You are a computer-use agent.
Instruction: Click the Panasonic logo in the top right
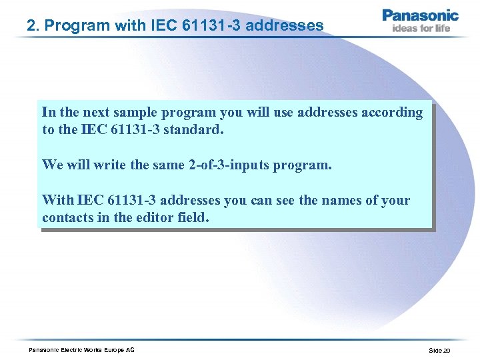coord(420,15)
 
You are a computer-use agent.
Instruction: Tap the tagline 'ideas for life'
coord(421,29)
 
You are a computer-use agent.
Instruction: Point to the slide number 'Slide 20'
coord(439,351)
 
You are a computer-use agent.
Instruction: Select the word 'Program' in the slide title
coord(69,26)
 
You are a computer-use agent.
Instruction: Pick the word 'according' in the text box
coord(392,112)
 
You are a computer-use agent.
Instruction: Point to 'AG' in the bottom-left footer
coord(129,351)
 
